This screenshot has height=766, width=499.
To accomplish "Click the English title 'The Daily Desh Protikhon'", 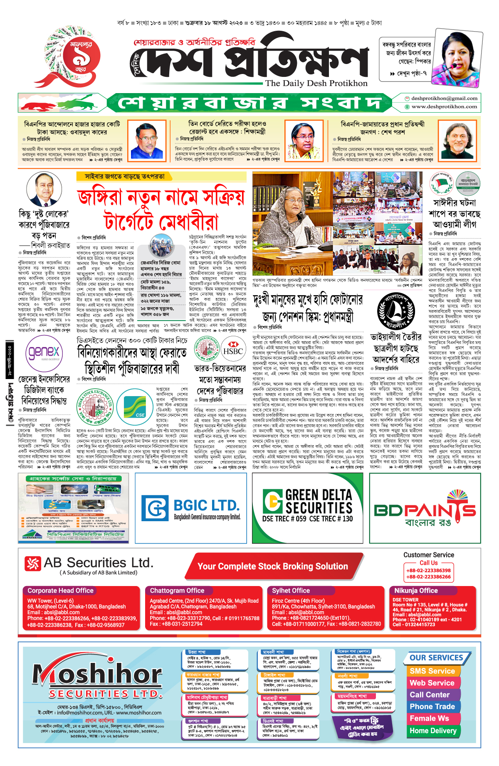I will [316, 83].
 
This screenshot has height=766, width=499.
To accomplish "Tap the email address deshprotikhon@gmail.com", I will [444, 99].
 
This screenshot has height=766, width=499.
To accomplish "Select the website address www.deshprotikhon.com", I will [444, 107].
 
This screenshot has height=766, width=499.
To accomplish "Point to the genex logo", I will [44, 353].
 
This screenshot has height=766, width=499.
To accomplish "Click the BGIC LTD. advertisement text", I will [207, 506].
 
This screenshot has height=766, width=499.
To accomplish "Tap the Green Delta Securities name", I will [319, 502].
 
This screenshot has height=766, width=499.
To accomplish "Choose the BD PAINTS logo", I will [425, 510].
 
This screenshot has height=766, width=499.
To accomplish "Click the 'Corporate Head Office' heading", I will [61, 591].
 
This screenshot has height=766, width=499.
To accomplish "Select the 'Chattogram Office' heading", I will [177, 591].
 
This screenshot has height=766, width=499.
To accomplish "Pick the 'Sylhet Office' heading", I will [291, 591].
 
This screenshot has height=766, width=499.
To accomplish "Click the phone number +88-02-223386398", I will [428, 571].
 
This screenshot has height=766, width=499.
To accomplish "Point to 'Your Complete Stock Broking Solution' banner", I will [273, 566].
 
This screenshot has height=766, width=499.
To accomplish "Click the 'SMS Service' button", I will [432, 671].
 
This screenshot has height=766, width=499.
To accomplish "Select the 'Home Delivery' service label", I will [433, 731].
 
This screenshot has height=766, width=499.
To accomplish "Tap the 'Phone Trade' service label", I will [432, 707].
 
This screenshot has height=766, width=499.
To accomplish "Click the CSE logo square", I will [135, 403].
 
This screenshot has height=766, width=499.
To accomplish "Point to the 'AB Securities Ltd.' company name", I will [99, 563].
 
